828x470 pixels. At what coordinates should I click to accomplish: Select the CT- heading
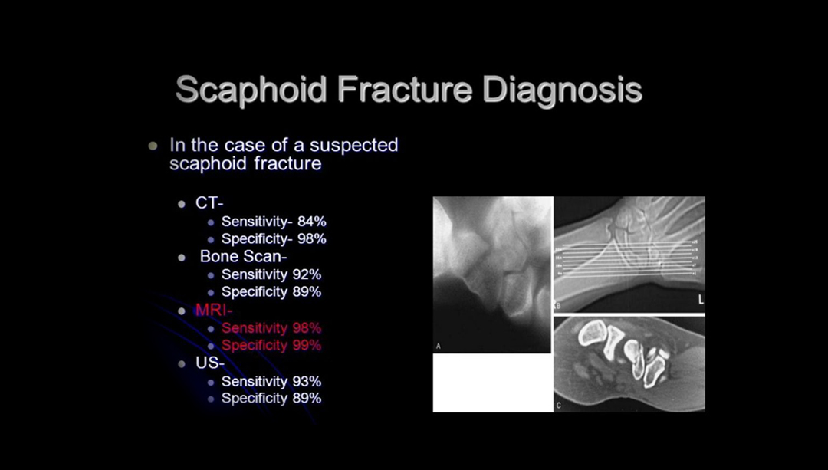point(209,203)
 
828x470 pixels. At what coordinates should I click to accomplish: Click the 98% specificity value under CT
point(312,239)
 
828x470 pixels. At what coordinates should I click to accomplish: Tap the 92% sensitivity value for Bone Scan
point(307,274)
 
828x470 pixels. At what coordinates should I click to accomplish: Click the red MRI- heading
point(214,311)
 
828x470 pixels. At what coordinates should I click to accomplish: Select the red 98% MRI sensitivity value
point(307,328)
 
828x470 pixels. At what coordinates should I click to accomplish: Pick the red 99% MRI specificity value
point(307,346)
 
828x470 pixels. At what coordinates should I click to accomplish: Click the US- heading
point(209,363)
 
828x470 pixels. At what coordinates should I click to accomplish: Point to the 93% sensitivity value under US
point(307,381)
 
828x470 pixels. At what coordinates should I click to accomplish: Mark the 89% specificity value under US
point(307,399)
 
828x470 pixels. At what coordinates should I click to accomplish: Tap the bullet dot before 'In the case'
point(153,146)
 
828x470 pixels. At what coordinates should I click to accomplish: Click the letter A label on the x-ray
point(439,347)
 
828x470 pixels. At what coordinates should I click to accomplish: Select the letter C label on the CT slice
point(558,404)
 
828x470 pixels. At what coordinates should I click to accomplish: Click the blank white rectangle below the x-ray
point(492,383)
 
